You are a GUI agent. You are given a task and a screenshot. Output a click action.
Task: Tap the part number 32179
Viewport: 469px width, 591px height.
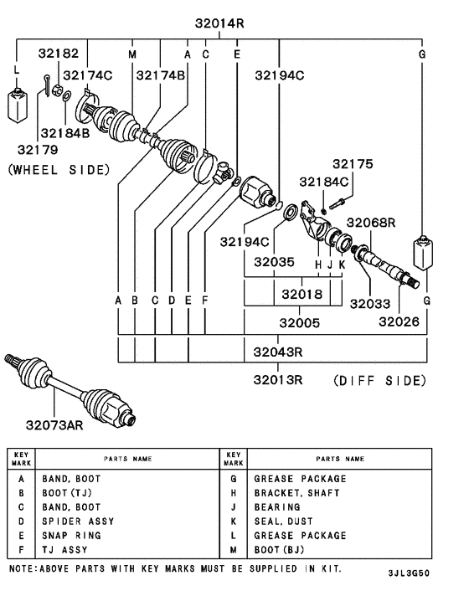38,151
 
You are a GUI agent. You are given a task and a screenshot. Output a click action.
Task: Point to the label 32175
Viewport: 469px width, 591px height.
352,164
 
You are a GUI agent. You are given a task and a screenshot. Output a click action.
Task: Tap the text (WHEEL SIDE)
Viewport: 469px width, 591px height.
59,169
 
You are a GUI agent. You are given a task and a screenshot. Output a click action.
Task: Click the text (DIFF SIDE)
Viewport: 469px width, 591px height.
380,380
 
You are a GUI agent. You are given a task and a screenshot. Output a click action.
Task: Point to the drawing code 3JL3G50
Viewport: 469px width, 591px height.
410,574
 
